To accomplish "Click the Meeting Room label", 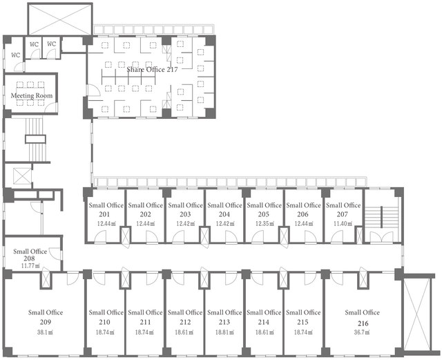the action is point(32,95).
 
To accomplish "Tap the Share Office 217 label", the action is point(152,69).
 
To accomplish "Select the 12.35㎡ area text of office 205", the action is point(265,224).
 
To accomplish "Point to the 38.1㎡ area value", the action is point(46,332).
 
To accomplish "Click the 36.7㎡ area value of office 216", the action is point(362,332).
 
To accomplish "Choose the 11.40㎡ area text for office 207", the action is point(343,224).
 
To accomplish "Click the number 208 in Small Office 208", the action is point(29,258).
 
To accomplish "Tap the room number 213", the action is point(224,322).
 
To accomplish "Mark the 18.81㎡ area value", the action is point(224,332).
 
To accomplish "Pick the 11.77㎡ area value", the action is point(30,265).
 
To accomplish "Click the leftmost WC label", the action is point(16,55).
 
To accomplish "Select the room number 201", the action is point(104,214).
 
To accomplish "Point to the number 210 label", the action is point(104,322).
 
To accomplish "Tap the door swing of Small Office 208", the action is point(55,252).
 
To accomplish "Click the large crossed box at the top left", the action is point(60,19).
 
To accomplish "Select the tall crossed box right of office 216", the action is point(417,314).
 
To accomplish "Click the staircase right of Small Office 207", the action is point(381,217).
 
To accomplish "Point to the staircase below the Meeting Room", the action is point(35,140).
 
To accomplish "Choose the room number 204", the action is point(224,214).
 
